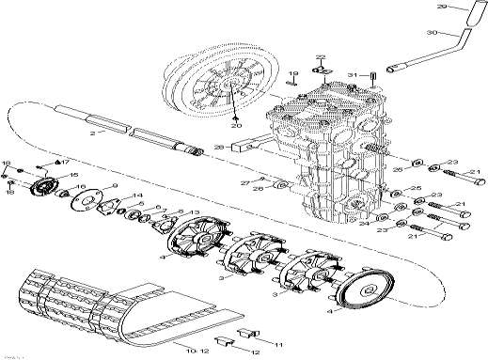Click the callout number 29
pos(468,8)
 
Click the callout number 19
pos(292,73)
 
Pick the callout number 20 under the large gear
pos(236,126)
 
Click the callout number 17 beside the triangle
pos(66,164)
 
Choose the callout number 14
pos(138,196)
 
